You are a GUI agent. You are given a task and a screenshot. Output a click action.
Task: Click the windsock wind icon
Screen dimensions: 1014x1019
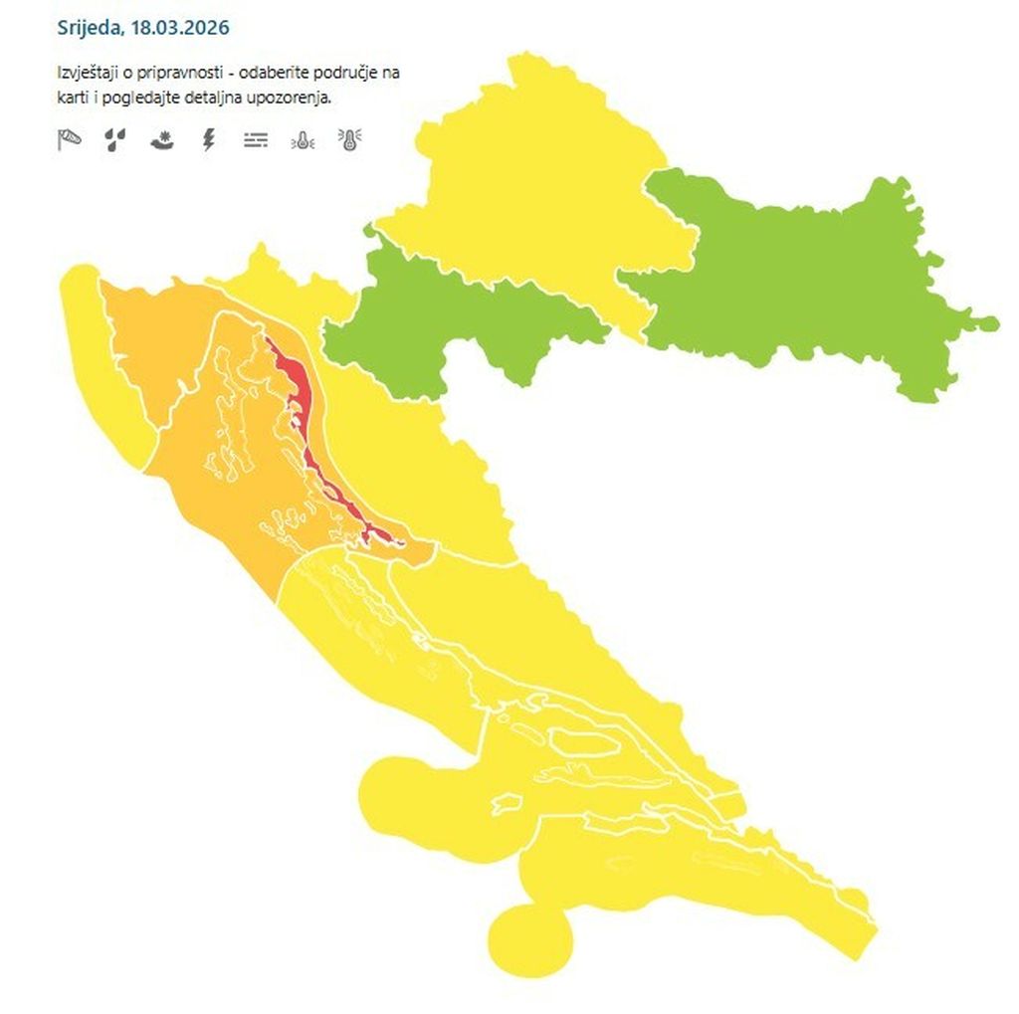[68, 139]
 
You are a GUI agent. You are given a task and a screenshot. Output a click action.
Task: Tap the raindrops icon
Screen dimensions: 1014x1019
[114, 139]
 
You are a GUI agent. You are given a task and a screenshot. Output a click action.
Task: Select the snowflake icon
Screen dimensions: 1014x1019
[161, 140]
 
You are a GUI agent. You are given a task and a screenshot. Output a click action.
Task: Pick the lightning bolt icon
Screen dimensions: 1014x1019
[208, 139]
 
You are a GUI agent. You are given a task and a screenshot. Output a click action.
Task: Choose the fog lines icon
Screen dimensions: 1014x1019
[256, 140]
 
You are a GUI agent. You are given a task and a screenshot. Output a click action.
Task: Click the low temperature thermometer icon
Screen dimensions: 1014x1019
[303, 140]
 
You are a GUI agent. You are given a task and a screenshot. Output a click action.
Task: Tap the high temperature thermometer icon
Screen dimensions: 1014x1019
[350, 139]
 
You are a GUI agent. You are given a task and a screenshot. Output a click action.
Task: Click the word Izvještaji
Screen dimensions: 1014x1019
[89, 74]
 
